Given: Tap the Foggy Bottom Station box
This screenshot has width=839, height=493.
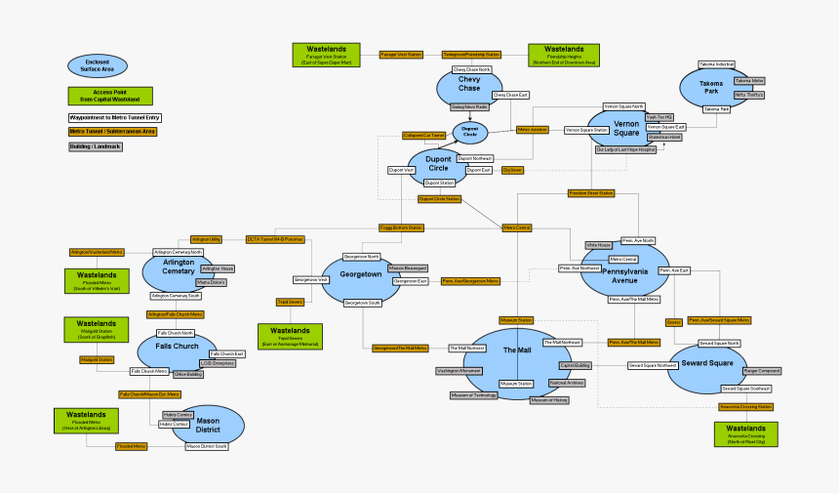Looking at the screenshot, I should pyautogui.click(x=401, y=227).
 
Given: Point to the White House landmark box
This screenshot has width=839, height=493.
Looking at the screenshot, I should pyautogui.click(x=598, y=244).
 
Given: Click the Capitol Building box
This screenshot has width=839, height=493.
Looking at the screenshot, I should pyautogui.click(x=575, y=365).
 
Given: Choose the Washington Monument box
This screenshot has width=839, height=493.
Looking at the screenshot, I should pyautogui.click(x=459, y=371).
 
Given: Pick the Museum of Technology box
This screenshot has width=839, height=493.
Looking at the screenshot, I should pyautogui.click(x=473, y=395).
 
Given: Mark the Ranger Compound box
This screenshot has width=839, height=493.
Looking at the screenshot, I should pyautogui.click(x=762, y=371).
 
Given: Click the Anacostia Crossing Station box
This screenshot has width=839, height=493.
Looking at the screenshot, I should pyautogui.click(x=745, y=406).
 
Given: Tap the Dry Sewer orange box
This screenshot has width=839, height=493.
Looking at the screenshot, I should pyautogui.click(x=512, y=170).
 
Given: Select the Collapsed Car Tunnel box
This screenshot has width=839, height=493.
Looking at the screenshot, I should pyautogui.click(x=423, y=136).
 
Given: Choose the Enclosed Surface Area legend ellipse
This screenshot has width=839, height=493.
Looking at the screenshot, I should pyautogui.click(x=98, y=65).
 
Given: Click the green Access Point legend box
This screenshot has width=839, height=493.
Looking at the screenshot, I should pyautogui.click(x=110, y=96).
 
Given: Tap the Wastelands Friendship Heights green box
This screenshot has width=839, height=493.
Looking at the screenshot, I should pyautogui.click(x=564, y=55).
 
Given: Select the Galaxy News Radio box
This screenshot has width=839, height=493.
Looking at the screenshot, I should pyautogui.click(x=469, y=106).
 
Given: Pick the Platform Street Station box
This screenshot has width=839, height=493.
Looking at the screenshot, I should pyautogui.click(x=590, y=193).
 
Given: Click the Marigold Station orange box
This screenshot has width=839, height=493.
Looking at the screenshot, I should pyautogui.click(x=96, y=360).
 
